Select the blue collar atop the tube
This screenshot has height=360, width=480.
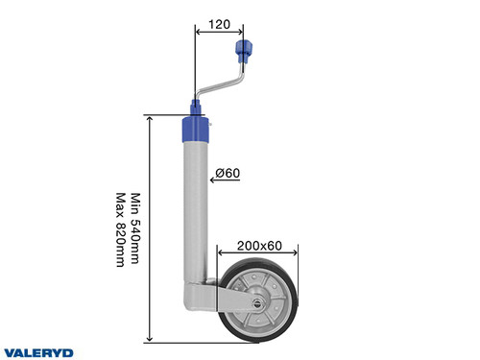coord(196,126)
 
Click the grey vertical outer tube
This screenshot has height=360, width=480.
coord(196,211)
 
